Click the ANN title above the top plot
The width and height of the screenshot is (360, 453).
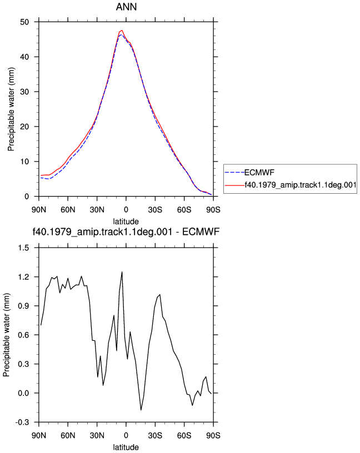pyautogui.click(x=126, y=7)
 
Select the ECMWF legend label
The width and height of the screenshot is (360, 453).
pyautogui.click(x=259, y=173)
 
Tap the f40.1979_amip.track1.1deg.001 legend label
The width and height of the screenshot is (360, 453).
pyautogui.click(x=301, y=185)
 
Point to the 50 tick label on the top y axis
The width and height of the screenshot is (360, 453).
pyautogui.click(x=24, y=22)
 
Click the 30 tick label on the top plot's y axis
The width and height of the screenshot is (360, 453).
pyautogui.click(x=24, y=92)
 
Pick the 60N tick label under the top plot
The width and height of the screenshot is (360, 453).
pyautogui.click(x=68, y=209)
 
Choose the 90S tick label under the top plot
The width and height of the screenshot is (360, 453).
pyautogui.click(x=213, y=209)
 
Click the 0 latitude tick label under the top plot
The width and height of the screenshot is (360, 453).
pyautogui.click(x=126, y=209)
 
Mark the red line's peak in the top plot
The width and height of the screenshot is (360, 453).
pyautogui.click(x=122, y=30)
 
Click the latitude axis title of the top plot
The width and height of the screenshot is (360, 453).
pyautogui.click(x=126, y=222)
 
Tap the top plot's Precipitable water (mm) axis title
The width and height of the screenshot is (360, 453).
pyautogui.click(x=11, y=109)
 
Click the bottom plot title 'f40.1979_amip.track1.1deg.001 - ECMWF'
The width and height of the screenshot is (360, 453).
pyautogui.click(x=126, y=231)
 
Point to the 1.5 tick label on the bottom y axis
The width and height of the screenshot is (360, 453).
pyautogui.click(x=23, y=248)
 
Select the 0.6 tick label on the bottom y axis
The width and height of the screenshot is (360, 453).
pyautogui.click(x=23, y=335)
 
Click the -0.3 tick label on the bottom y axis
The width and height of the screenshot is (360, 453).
pyautogui.click(x=22, y=422)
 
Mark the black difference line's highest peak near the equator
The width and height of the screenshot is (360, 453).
pyautogui.click(x=122, y=271)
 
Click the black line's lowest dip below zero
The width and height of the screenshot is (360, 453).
pyautogui.click(x=141, y=410)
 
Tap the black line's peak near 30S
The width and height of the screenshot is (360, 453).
pyautogui.click(x=159, y=295)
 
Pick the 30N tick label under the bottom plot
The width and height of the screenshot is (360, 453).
pyautogui.click(x=97, y=435)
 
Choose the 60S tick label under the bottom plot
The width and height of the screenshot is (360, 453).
pyautogui.click(x=184, y=435)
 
